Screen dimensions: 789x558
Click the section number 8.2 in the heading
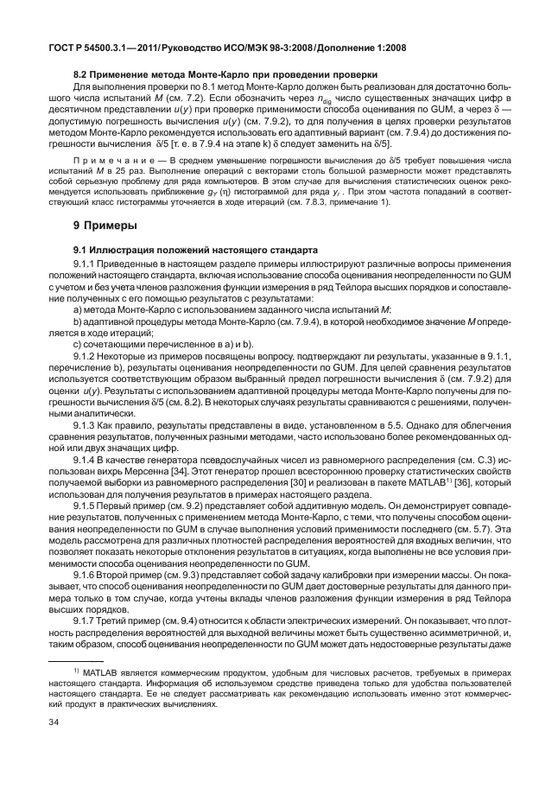pos(83,75)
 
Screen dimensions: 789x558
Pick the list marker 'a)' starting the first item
pos(78,309)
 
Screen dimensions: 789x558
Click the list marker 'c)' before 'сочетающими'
pos(78,344)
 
